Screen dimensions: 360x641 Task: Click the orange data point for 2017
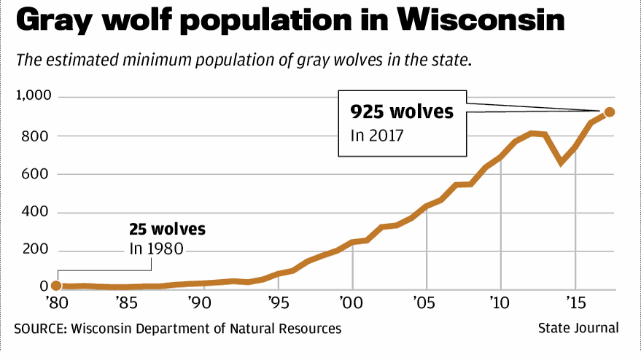click(610, 112)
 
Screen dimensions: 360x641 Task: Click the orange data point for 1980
click(56, 286)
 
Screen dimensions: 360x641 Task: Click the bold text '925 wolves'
click(402, 112)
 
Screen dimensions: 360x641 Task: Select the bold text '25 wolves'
click(167, 230)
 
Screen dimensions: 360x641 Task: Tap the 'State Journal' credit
click(578, 329)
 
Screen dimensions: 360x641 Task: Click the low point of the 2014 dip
click(561, 162)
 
